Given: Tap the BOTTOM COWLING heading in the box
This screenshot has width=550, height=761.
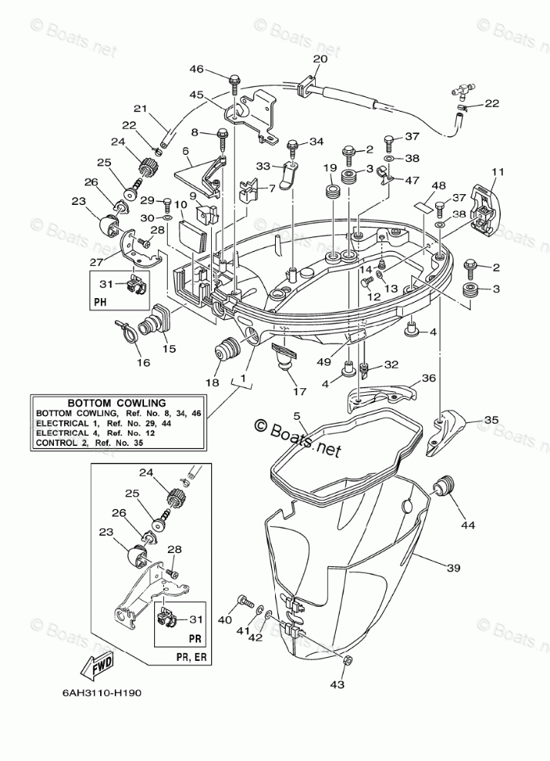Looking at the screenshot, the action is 116,403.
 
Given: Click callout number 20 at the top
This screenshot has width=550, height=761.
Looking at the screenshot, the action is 320,59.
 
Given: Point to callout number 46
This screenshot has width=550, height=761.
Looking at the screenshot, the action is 196,69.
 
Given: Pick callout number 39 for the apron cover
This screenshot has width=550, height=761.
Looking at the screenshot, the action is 453,568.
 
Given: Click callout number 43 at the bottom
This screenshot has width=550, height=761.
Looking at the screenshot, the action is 337,684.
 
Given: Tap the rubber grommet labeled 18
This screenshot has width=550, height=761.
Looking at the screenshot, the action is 227,349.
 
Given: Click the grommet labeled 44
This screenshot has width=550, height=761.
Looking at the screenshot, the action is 444,486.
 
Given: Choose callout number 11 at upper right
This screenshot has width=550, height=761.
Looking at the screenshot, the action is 498,171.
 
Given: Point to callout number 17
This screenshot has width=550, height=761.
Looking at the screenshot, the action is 300,391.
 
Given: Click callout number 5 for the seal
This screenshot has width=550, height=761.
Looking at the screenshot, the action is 297,415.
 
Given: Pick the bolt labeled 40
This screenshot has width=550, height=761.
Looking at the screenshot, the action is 245,602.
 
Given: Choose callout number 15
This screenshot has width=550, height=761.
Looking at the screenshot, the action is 169,348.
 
